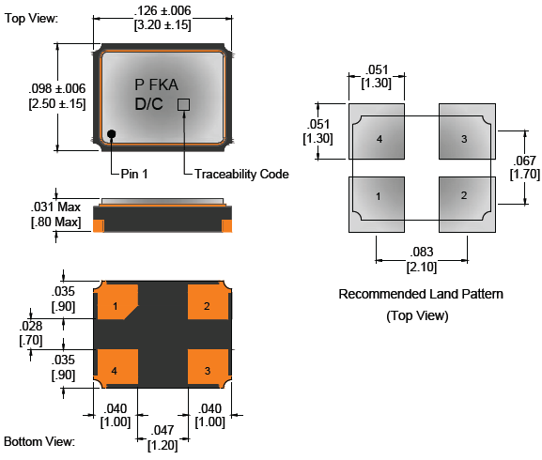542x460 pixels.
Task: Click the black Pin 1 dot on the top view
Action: pos(111,133)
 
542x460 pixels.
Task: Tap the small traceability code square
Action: pos(183,104)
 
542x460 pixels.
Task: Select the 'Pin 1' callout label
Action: pos(134,174)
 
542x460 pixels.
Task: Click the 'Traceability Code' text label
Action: pos(241,174)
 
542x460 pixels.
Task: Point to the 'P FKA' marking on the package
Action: pos(156,84)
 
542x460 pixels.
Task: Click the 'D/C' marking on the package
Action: pos(148,104)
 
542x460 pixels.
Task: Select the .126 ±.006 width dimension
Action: pos(163,10)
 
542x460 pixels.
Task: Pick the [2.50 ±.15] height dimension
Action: pos(57,103)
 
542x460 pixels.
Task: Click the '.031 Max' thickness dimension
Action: pos(55,207)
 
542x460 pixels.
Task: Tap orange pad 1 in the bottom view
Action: pos(116,302)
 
